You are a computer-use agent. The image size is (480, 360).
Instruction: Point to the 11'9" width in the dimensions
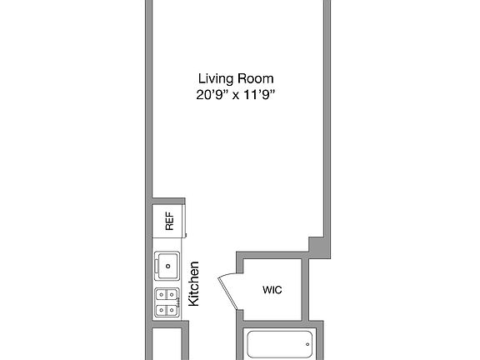[x=257, y=94]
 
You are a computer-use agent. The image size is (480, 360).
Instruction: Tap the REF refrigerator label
[x=169, y=221]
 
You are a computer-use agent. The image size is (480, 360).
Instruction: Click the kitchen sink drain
[x=168, y=267]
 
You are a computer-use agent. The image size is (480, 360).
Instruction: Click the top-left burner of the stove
[x=162, y=294]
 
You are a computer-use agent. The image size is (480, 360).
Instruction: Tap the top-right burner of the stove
[x=173, y=294]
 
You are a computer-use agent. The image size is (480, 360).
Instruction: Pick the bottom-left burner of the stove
[x=162, y=311]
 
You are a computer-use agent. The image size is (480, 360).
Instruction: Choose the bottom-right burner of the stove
[x=173, y=311]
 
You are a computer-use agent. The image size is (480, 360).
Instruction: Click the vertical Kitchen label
[x=193, y=284]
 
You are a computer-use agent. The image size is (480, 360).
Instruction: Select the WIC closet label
[x=272, y=291]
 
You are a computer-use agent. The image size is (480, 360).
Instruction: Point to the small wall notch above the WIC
[x=316, y=243]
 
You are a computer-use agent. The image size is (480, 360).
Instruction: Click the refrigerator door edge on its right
[x=185, y=221]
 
